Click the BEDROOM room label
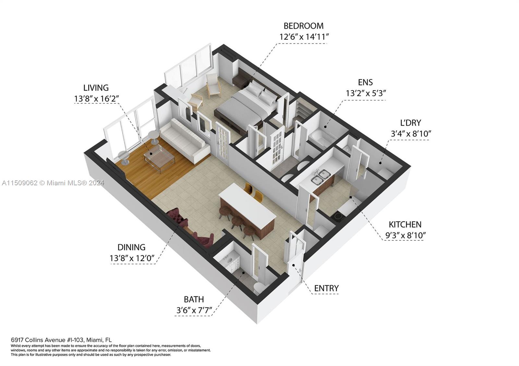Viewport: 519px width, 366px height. click(303, 26)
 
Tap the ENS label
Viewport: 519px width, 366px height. click(365, 82)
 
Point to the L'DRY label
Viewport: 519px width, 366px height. click(410, 123)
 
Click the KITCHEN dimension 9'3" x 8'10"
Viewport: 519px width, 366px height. click(405, 235)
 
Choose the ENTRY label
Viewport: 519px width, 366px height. click(326, 288)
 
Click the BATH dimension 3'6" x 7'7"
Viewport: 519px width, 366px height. click(194, 310)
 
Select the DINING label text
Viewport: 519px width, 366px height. click(131, 247)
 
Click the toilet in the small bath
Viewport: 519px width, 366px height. click(259, 287)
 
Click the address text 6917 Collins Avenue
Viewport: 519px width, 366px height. click(47, 340)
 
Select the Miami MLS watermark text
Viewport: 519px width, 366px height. click(53, 183)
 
